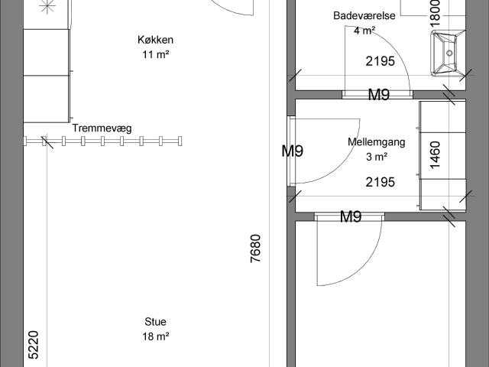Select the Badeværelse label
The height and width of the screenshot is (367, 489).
[364, 16]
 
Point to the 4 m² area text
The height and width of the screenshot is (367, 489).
[364, 31]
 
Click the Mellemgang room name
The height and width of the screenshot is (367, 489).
[376, 142]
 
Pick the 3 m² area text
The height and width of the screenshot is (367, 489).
[376, 157]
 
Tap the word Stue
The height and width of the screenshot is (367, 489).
[155, 322]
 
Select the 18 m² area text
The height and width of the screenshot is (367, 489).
[155, 336]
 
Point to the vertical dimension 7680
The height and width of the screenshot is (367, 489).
[256, 249]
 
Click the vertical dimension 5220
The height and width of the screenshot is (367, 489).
[33, 345]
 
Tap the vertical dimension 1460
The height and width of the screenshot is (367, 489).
[436, 154]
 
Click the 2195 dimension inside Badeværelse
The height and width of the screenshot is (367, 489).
[380, 62]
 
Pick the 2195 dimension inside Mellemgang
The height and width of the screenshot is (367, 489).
[380, 182]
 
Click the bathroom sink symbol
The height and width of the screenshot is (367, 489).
[447, 54]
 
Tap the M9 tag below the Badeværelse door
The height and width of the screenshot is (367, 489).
[379, 95]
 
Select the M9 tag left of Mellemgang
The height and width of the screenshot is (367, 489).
[292, 151]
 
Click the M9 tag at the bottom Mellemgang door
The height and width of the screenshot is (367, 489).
[350, 217]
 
